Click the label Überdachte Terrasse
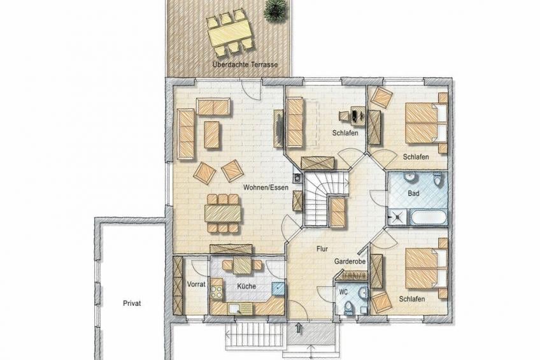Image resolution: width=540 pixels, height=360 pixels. (x=245, y=64)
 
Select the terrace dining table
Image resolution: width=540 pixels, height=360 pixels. (x=229, y=32)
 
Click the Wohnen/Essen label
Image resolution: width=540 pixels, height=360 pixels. (x=266, y=187)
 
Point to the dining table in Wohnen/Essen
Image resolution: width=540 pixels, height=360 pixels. (x=223, y=213)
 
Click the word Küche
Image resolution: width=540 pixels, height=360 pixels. (x=246, y=286)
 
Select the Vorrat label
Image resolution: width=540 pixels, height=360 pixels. (x=196, y=284)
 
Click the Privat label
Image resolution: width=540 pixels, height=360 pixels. (x=132, y=303)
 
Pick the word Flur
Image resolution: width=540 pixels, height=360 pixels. (x=322, y=248)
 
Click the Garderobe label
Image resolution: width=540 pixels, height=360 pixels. (x=350, y=261)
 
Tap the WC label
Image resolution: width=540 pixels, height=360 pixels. (x=343, y=292)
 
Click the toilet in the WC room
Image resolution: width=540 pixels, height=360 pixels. (x=348, y=308)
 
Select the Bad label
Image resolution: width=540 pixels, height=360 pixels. (x=413, y=193)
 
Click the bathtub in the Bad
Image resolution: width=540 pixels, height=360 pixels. (x=428, y=217)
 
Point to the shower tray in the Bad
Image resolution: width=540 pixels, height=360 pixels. (x=398, y=217)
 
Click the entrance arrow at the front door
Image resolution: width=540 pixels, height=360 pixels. (x=299, y=328)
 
